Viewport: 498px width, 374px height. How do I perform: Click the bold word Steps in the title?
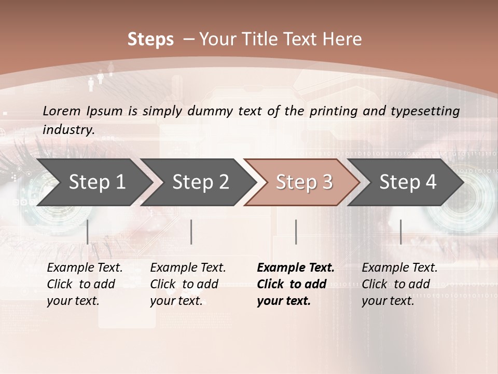(150, 39)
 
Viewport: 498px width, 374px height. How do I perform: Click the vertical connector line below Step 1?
(87, 232)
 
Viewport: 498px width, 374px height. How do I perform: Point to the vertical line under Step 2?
(191, 232)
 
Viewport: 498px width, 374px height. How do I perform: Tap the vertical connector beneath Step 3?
(296, 232)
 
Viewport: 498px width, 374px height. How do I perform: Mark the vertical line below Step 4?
(400, 232)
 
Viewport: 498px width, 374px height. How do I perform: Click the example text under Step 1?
(85, 284)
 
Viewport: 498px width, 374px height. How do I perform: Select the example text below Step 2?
(188, 284)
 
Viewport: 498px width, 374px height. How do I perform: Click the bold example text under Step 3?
(295, 284)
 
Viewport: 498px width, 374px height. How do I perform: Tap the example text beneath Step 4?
(399, 284)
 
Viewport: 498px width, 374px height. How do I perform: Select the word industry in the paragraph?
(68, 130)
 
